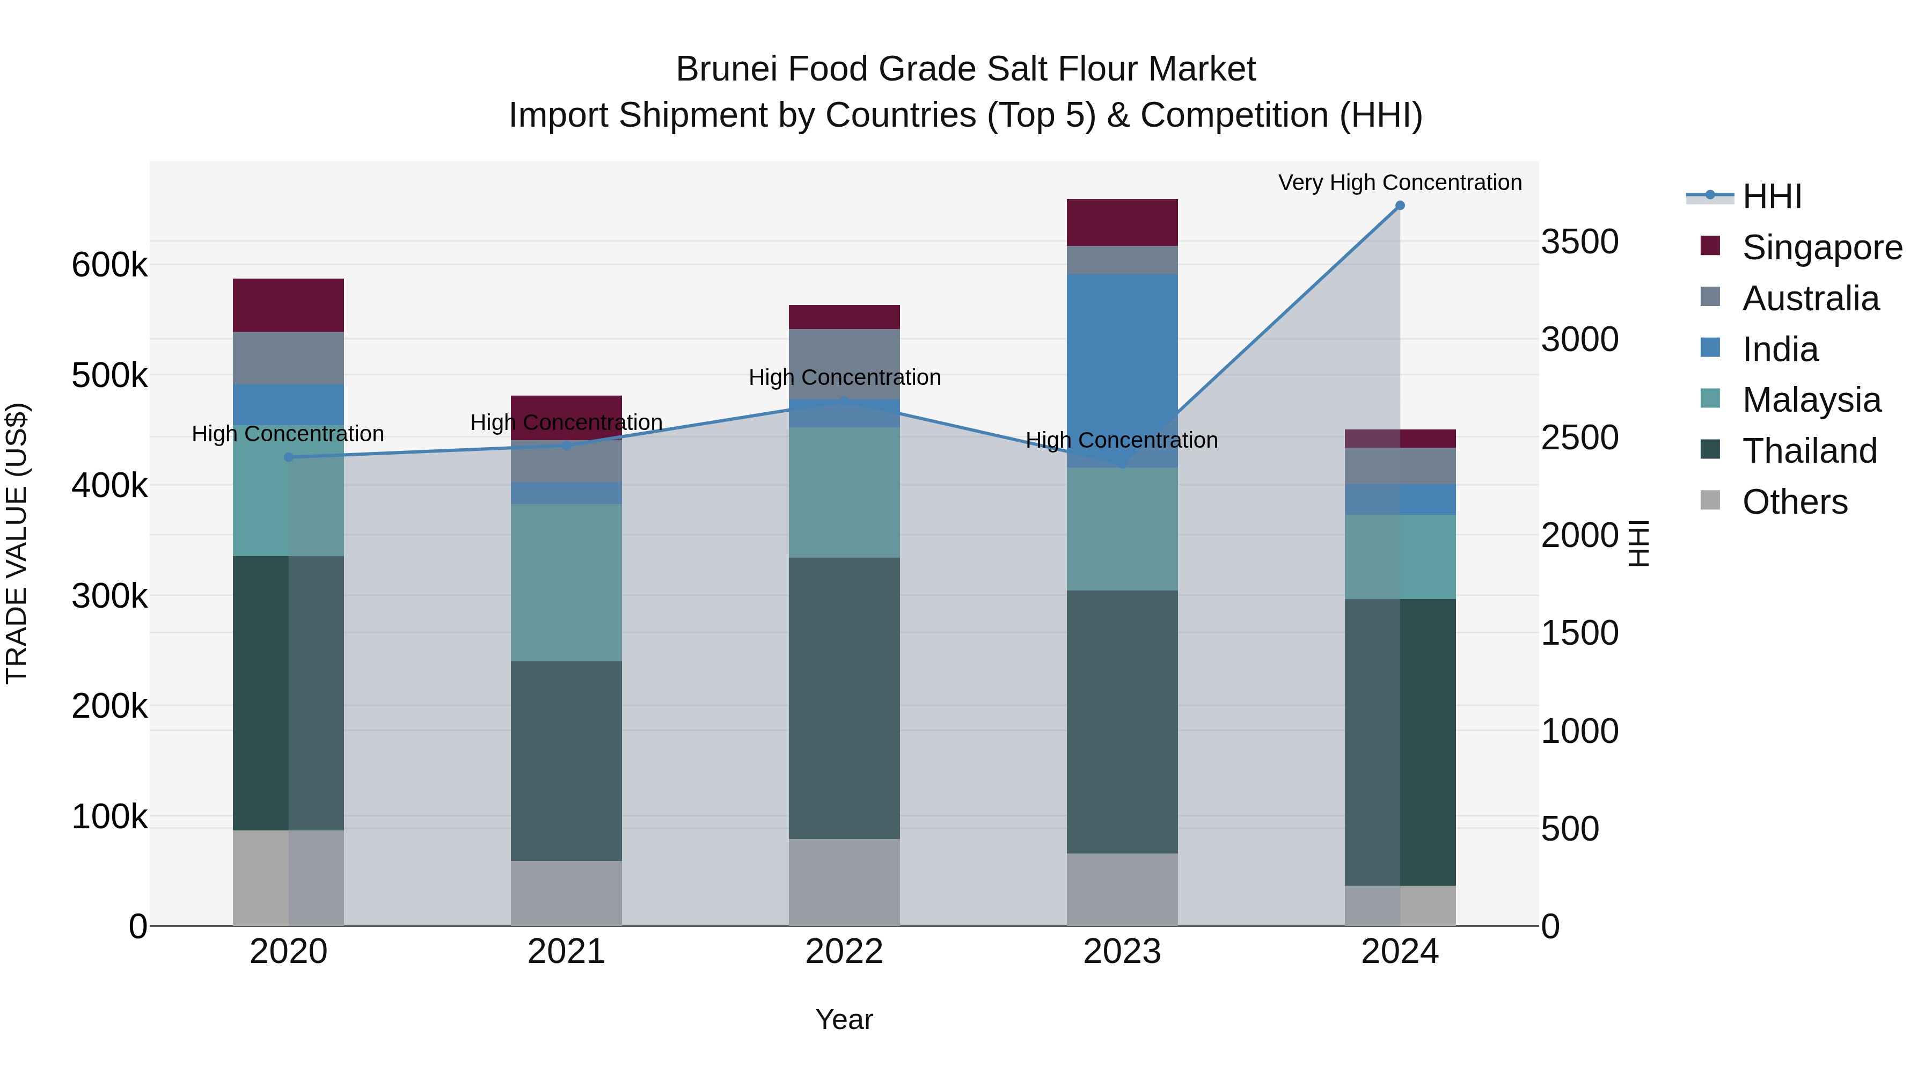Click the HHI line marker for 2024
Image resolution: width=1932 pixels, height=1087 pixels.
[x=1400, y=206]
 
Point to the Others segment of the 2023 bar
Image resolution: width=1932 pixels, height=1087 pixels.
[x=1122, y=889]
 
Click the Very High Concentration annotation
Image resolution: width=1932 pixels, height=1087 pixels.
[x=1400, y=183]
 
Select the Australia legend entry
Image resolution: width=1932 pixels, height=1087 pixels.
[x=1810, y=298]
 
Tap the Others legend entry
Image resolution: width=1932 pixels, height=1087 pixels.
[x=1794, y=502]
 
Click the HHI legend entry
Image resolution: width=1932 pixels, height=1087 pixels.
[x=1772, y=196]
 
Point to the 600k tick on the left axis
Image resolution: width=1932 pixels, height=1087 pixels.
[x=109, y=265]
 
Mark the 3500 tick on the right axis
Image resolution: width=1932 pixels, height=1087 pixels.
[x=1579, y=242]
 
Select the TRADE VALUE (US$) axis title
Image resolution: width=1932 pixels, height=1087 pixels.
[x=17, y=543]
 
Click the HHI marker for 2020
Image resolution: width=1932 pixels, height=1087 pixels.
[x=289, y=457]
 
